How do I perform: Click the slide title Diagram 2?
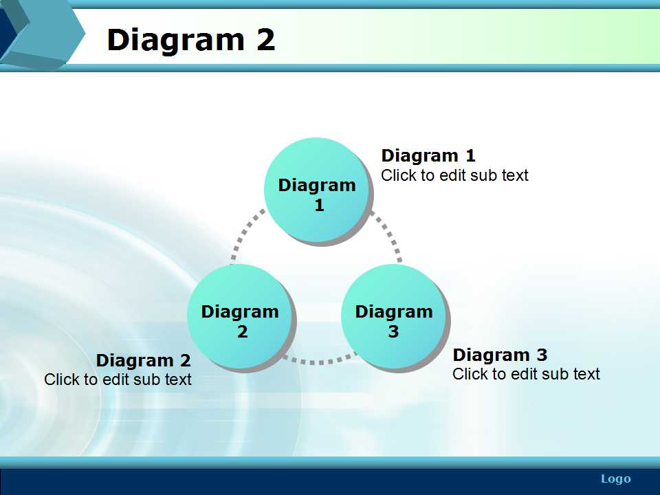click(x=191, y=40)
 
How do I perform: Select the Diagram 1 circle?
click(x=318, y=190)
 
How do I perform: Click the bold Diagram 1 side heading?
click(x=428, y=156)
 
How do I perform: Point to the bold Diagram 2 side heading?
click(x=144, y=360)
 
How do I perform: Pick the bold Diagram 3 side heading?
click(x=500, y=355)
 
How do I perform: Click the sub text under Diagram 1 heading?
click(x=454, y=175)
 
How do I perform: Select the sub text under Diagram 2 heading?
click(x=118, y=379)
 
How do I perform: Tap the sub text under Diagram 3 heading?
click(x=526, y=374)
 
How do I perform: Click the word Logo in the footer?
click(x=616, y=479)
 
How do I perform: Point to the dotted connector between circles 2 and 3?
click(x=318, y=361)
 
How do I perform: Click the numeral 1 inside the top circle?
click(x=320, y=205)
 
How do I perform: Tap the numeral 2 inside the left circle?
click(x=243, y=331)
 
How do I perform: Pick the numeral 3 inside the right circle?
click(x=393, y=331)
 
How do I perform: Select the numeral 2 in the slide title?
click(x=265, y=40)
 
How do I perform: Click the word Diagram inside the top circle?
click(x=317, y=186)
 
